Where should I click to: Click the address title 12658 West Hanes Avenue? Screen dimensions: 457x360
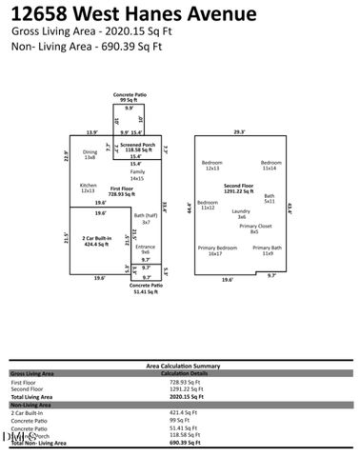(x=134, y=14)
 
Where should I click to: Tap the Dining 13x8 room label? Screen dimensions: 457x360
(x=90, y=155)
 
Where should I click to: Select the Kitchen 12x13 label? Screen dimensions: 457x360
(x=89, y=188)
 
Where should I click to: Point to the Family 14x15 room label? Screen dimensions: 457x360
(x=137, y=175)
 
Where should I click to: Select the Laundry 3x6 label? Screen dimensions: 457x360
(x=241, y=213)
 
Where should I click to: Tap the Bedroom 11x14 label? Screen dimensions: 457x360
(x=271, y=165)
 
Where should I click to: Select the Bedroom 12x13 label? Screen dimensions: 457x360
(x=211, y=165)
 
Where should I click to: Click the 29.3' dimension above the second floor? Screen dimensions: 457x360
(x=240, y=132)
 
